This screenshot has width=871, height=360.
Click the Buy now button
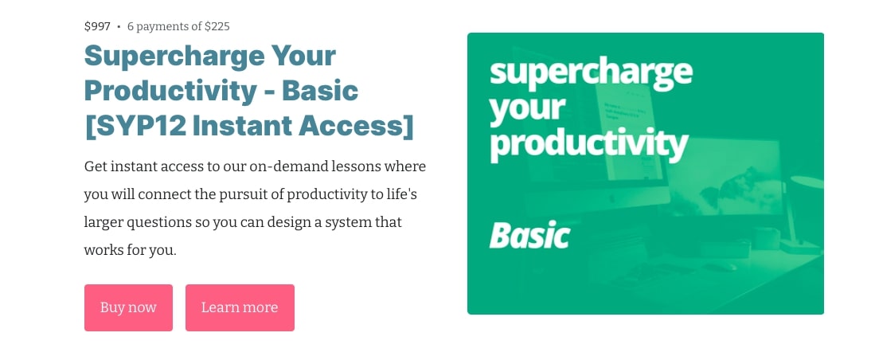coord(128,307)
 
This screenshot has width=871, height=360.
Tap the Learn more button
coord(240,307)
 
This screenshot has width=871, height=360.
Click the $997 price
coord(97,26)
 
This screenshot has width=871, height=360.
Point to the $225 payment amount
coord(217,26)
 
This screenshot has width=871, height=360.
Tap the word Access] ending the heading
coord(357,126)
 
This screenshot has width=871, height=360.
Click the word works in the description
coord(104,250)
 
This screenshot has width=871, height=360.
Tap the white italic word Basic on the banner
coord(529,236)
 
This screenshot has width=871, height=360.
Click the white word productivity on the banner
coord(589,144)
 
